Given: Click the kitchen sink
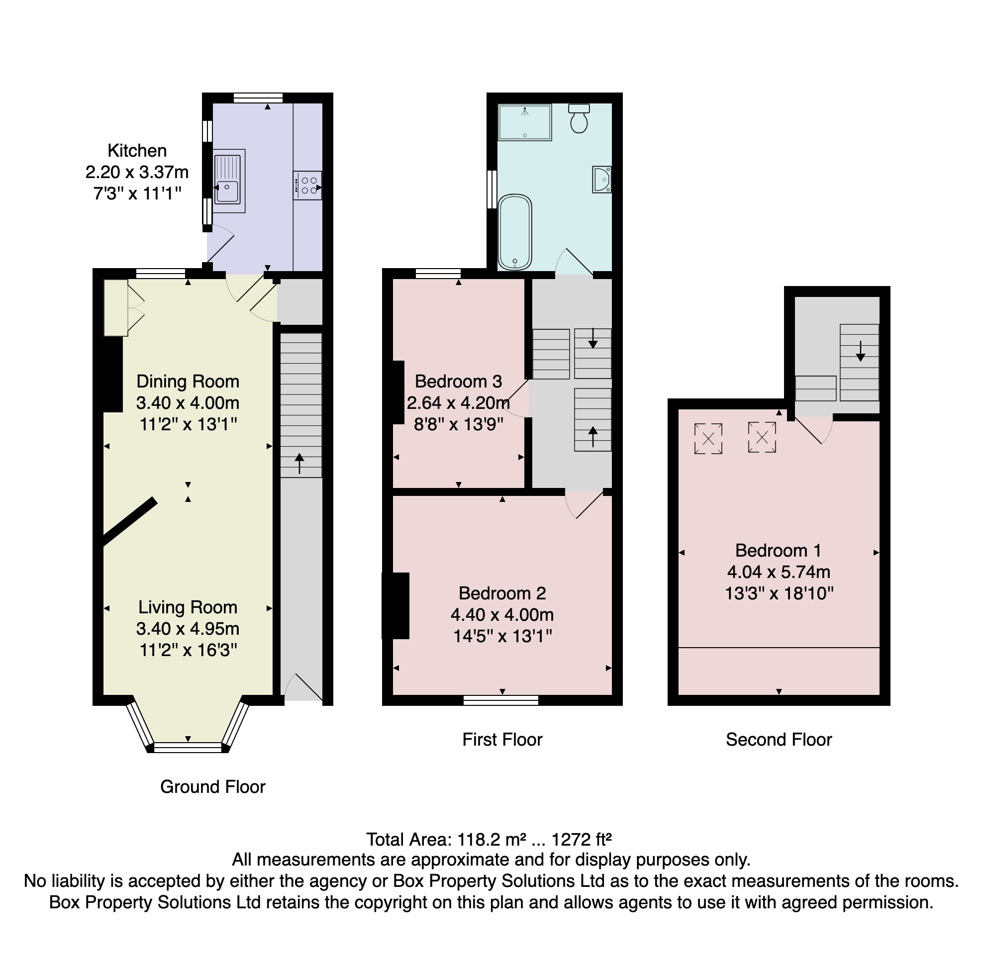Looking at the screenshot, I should (229, 181).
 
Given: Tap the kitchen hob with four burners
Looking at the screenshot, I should (307, 186).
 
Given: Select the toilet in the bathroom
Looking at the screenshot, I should (579, 118).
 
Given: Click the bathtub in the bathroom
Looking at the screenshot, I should (515, 232).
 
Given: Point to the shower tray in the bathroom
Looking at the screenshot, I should (524, 123).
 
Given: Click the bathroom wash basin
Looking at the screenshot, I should (602, 180).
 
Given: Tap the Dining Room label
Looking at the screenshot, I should (188, 382).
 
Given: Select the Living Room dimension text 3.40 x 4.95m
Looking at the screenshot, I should (188, 628).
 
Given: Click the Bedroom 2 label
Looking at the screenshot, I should (502, 593).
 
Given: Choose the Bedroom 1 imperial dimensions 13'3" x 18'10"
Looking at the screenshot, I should (779, 593).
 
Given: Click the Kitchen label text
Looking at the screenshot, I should (137, 151).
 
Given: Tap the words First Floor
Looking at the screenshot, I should (502, 740).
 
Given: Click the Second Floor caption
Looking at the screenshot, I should (779, 740).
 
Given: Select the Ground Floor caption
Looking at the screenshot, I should (212, 786).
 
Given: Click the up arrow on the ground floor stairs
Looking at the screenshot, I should (299, 463).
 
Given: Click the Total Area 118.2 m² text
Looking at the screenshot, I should (489, 840).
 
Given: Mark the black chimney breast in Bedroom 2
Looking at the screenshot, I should (396, 606).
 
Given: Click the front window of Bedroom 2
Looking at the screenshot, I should (501, 700).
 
